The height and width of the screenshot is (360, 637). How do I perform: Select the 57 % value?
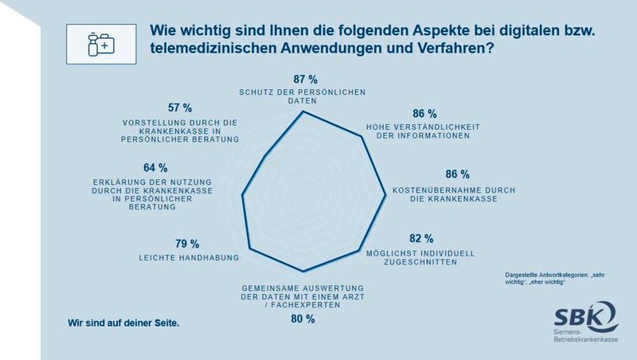pos(180,108)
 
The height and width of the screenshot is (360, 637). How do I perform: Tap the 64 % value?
pos(154,168)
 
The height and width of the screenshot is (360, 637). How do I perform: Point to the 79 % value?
pos(186,244)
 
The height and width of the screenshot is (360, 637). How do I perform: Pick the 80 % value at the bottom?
pos(303,319)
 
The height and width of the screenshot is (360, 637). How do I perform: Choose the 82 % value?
pos(420,238)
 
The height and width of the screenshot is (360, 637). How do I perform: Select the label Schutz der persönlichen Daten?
pos(303,97)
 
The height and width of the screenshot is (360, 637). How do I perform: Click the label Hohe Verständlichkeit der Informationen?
pos(417,131)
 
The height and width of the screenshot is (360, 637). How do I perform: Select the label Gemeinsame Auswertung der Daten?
pos(303,293)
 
